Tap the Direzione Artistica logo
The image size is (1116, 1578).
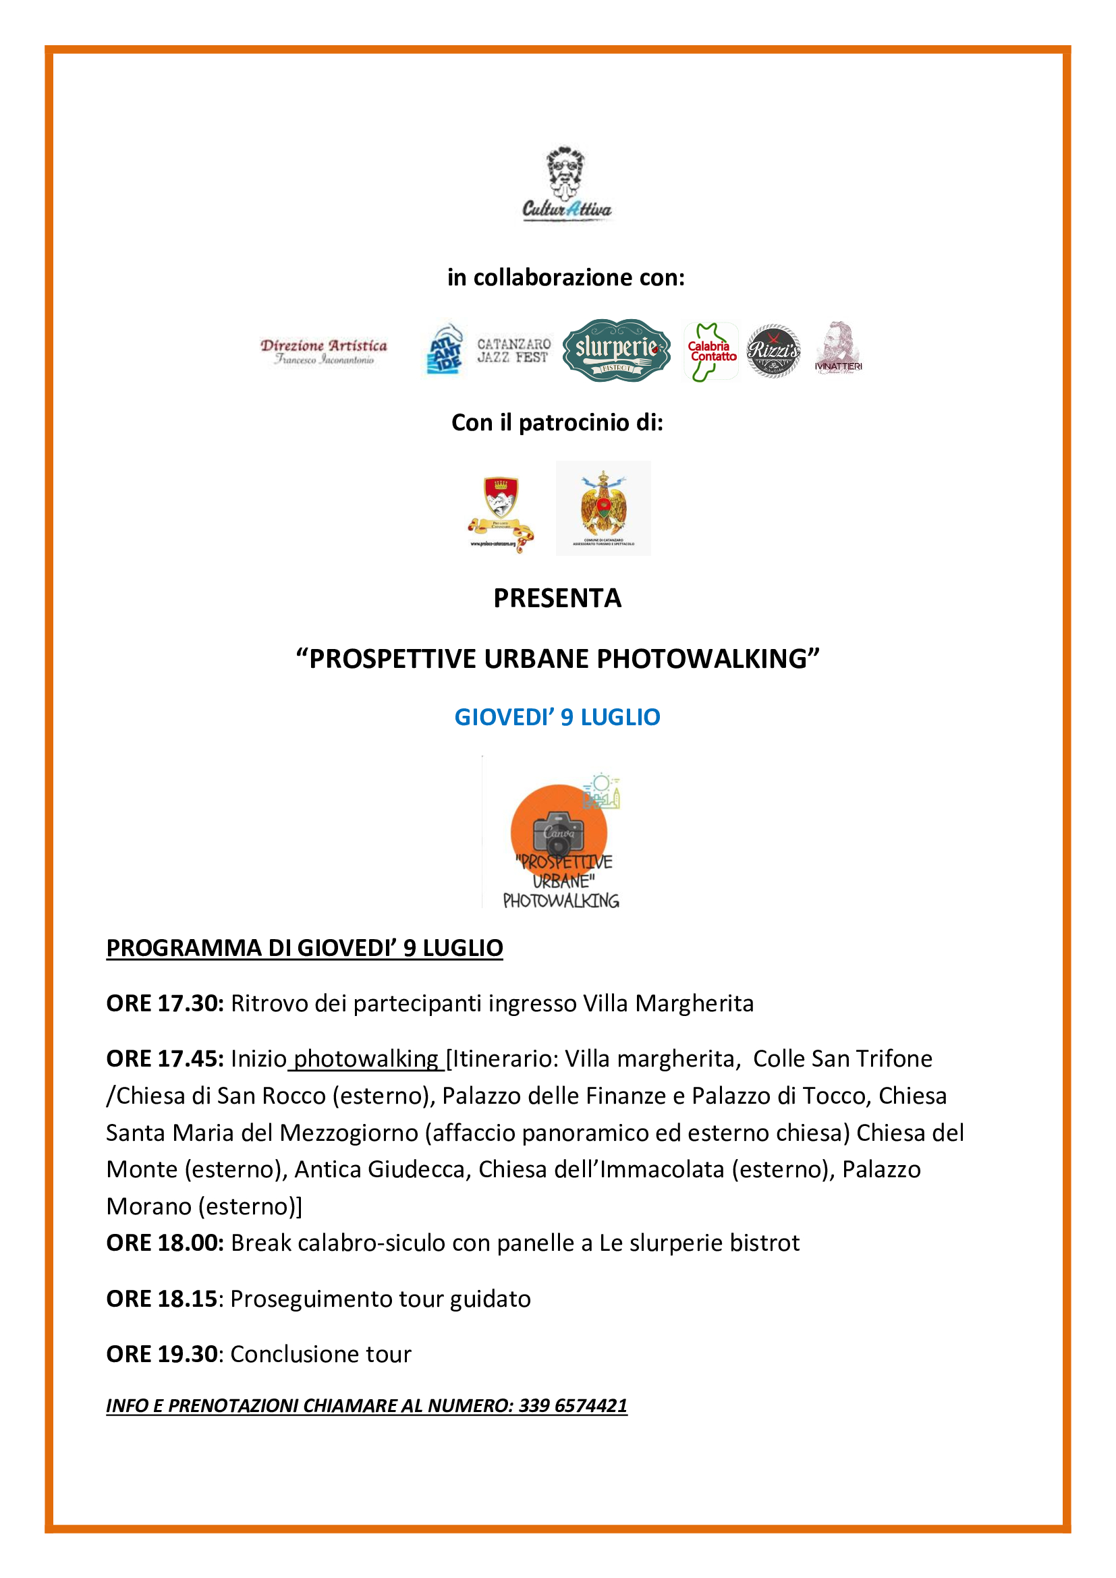323,351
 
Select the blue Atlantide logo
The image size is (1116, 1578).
445,350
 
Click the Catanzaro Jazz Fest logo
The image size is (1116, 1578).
513,351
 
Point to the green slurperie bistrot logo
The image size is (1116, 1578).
616,350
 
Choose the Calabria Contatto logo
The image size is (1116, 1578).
711,351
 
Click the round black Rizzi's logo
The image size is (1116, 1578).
773,351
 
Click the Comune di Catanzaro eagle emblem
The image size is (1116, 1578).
603,508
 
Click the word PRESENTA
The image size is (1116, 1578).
557,598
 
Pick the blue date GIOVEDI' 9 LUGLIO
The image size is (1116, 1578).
557,717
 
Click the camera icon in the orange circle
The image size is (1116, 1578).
558,831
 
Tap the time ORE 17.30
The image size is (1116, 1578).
164,1003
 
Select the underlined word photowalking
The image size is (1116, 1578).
366,1059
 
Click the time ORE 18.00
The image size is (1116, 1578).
164,1243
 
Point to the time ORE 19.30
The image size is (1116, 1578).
161,1354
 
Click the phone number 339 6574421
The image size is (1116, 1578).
572,1405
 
